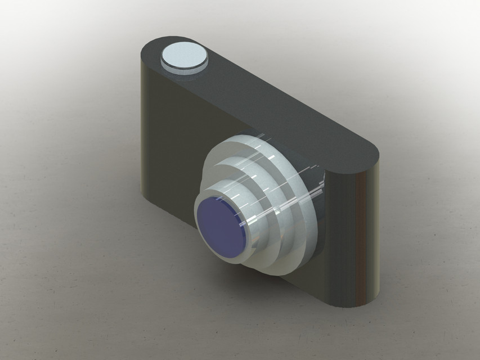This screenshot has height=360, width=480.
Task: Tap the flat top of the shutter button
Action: coord(183,55)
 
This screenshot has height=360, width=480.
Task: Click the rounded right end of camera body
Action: coord(355,236)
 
